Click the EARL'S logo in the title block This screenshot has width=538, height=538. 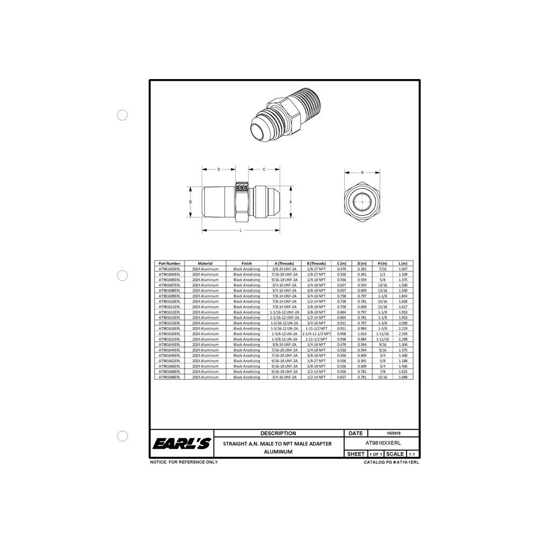(x=182, y=444)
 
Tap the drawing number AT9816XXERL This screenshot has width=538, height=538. (x=381, y=443)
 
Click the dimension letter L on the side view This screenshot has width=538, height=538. (x=240, y=230)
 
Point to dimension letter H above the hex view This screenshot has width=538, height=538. (x=362, y=173)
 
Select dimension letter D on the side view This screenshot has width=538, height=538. (x=218, y=169)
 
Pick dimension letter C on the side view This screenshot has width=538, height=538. (x=264, y=169)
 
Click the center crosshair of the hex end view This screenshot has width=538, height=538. (x=362, y=202)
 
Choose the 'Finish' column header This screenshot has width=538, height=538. (x=246, y=264)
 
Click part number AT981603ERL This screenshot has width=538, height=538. (x=169, y=268)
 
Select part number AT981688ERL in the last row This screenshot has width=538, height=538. (x=169, y=377)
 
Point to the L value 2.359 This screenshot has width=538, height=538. (x=403, y=334)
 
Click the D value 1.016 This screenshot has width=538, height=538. (x=362, y=334)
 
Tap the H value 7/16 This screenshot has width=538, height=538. (x=383, y=268)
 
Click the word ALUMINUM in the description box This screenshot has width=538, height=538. (x=278, y=452)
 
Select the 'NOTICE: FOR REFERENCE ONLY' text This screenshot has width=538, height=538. (x=183, y=462)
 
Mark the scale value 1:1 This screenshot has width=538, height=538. (x=412, y=454)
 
